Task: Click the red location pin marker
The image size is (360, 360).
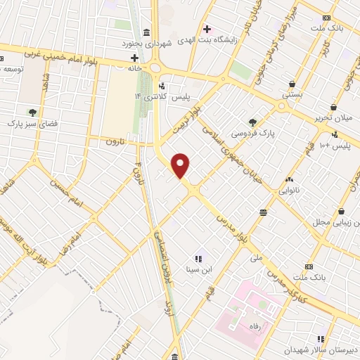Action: (x=181, y=165)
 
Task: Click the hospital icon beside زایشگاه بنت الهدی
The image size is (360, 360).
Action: (x=206, y=29)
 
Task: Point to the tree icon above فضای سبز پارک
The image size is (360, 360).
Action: (x=32, y=112)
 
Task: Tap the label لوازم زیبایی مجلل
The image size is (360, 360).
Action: (x=336, y=222)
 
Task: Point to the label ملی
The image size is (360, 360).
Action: (x=256, y=258)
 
